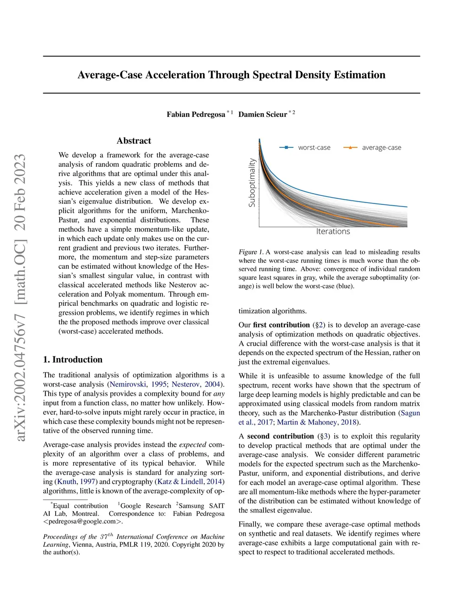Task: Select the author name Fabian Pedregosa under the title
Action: pyautogui.click(x=196, y=114)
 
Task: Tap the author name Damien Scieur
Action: pyautogui.click(x=263, y=114)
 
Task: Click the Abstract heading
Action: pyautogui.click(x=134, y=141)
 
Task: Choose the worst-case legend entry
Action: pyautogui.click(x=314, y=147)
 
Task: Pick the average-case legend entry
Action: pyautogui.click(x=381, y=147)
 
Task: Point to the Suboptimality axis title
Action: pyautogui.click(x=252, y=182)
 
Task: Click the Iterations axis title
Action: pyautogui.click(x=333, y=231)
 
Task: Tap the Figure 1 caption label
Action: pyautogui.click(x=251, y=252)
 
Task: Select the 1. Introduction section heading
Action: pyautogui.click(x=73, y=360)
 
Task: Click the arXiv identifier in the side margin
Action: pyautogui.click(x=21, y=297)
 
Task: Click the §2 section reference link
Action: pyautogui.click(x=319, y=325)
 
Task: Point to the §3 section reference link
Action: pyautogui.click(x=324, y=436)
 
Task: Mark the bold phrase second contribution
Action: pyautogui.click(x=280, y=436)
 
